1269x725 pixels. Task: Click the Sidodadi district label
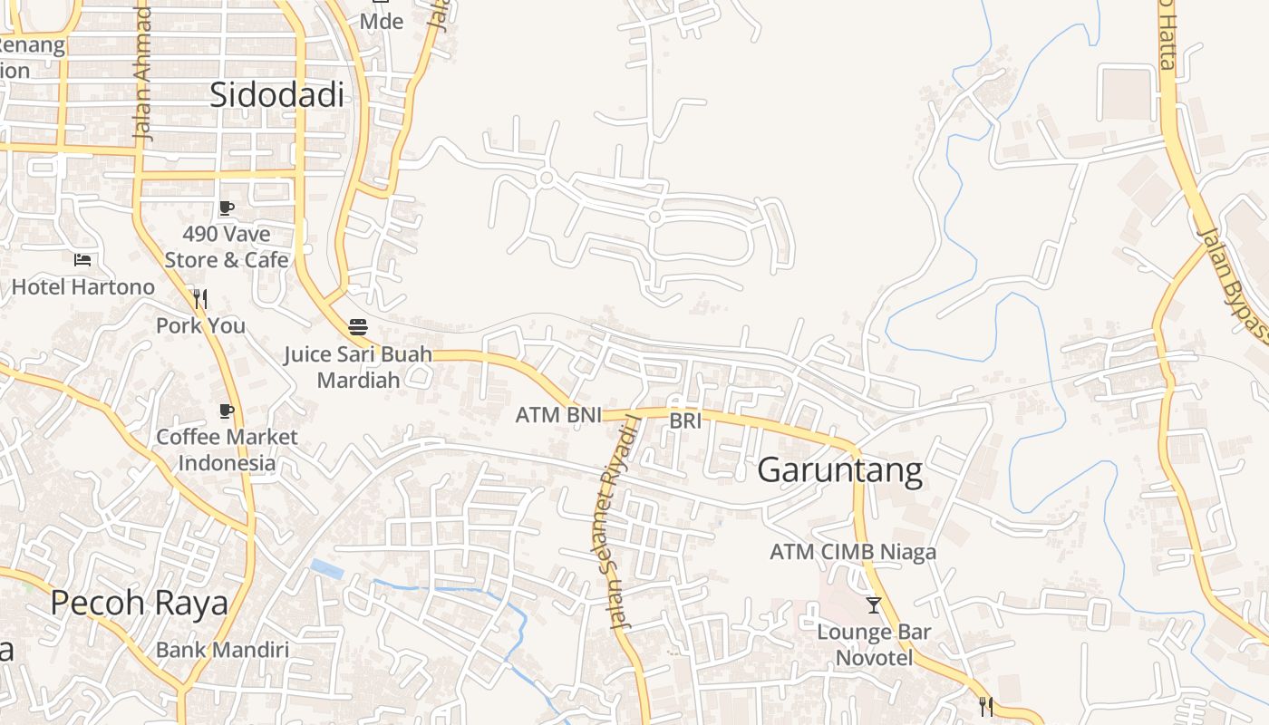pyautogui.click(x=276, y=94)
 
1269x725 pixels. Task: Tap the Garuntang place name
pyautogui.click(x=839, y=470)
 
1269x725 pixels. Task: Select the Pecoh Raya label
pyautogui.click(x=139, y=603)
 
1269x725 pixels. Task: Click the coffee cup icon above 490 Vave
pyautogui.click(x=227, y=208)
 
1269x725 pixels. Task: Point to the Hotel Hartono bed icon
pyautogui.click(x=82, y=260)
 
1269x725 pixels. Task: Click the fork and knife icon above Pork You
pyautogui.click(x=200, y=298)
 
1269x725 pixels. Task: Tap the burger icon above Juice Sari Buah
pyautogui.click(x=358, y=326)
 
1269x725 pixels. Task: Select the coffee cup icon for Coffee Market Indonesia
pyautogui.click(x=227, y=411)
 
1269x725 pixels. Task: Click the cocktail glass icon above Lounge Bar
pyautogui.click(x=874, y=604)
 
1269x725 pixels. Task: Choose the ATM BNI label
pyautogui.click(x=558, y=416)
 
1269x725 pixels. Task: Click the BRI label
pyautogui.click(x=686, y=420)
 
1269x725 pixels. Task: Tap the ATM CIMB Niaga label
pyautogui.click(x=853, y=552)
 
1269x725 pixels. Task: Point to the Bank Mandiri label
pyautogui.click(x=222, y=650)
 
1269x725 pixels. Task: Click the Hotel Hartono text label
pyautogui.click(x=83, y=287)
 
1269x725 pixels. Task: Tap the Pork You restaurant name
pyautogui.click(x=200, y=325)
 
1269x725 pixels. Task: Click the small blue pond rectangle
pyautogui.click(x=326, y=569)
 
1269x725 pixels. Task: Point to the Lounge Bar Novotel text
pyautogui.click(x=874, y=644)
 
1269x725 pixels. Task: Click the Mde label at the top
pyautogui.click(x=382, y=21)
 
